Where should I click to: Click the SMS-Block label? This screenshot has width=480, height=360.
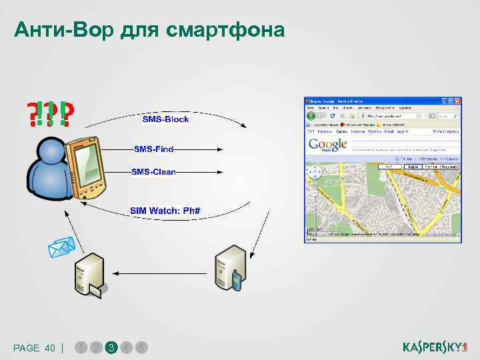(x=165, y=119)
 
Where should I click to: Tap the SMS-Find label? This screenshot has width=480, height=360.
(x=154, y=149)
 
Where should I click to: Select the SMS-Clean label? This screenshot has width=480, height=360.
(x=154, y=172)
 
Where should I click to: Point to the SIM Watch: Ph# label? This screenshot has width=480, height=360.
(x=165, y=211)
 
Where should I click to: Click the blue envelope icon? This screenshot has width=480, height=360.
(x=61, y=248)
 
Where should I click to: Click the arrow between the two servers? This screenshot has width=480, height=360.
(x=160, y=272)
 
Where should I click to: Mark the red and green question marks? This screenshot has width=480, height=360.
(x=50, y=114)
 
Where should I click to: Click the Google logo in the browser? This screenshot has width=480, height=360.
(x=327, y=145)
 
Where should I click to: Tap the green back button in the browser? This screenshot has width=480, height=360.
(x=311, y=116)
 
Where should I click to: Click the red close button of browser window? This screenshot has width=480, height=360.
(x=458, y=101)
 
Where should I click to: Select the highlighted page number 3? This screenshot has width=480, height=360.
(x=111, y=347)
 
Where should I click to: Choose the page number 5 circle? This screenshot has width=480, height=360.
(x=142, y=347)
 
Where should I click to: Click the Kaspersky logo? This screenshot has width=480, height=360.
(x=435, y=347)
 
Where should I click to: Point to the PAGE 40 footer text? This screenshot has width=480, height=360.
(x=34, y=348)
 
